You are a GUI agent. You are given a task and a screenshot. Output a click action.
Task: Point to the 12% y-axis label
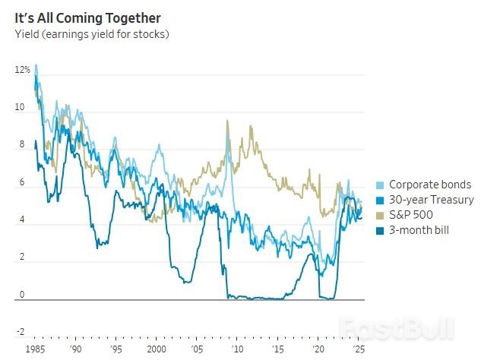pyautogui.click(x=22, y=70)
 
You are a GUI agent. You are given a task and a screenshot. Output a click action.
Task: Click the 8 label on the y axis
pyautogui.click(x=23, y=145)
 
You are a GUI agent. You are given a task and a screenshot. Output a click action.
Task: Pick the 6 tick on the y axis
pyautogui.click(x=23, y=183)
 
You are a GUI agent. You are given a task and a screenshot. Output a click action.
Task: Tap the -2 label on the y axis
pyautogui.click(x=21, y=332)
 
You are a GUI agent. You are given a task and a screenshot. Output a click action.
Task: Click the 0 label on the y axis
pyautogui.click(x=23, y=295)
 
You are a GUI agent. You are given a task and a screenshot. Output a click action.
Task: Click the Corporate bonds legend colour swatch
pyautogui.click(x=380, y=185)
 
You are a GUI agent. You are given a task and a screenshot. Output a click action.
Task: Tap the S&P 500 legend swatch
pyautogui.click(x=380, y=214)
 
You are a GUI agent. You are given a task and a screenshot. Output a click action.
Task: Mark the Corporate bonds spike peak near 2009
pyautogui.click(x=227, y=121)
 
